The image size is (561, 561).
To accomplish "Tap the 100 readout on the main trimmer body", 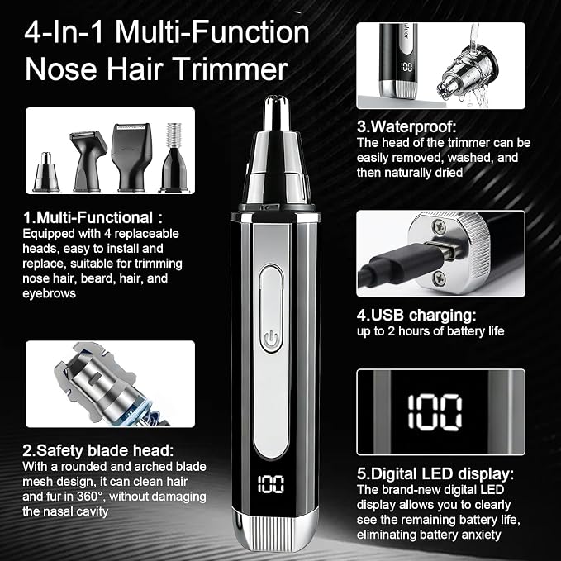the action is [x=271, y=484].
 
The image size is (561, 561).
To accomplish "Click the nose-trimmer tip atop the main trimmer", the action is [x=277, y=113].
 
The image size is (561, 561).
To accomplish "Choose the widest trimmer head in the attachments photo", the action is [x=131, y=158].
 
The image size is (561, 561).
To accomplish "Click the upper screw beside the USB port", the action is [x=439, y=226].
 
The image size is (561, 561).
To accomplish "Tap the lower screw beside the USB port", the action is [x=440, y=278].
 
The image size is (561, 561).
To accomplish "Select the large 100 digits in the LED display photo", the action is [x=435, y=411].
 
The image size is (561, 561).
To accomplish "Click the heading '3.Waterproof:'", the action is [x=406, y=126].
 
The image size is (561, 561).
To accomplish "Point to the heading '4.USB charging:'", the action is [x=416, y=316].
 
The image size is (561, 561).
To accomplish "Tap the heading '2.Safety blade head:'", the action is [x=98, y=450].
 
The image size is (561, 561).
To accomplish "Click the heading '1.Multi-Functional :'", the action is [x=93, y=217].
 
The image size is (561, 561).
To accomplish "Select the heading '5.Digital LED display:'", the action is [x=435, y=473].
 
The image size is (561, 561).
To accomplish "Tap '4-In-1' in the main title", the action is [x=64, y=32].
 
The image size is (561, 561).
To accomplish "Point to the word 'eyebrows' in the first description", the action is [x=49, y=294].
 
